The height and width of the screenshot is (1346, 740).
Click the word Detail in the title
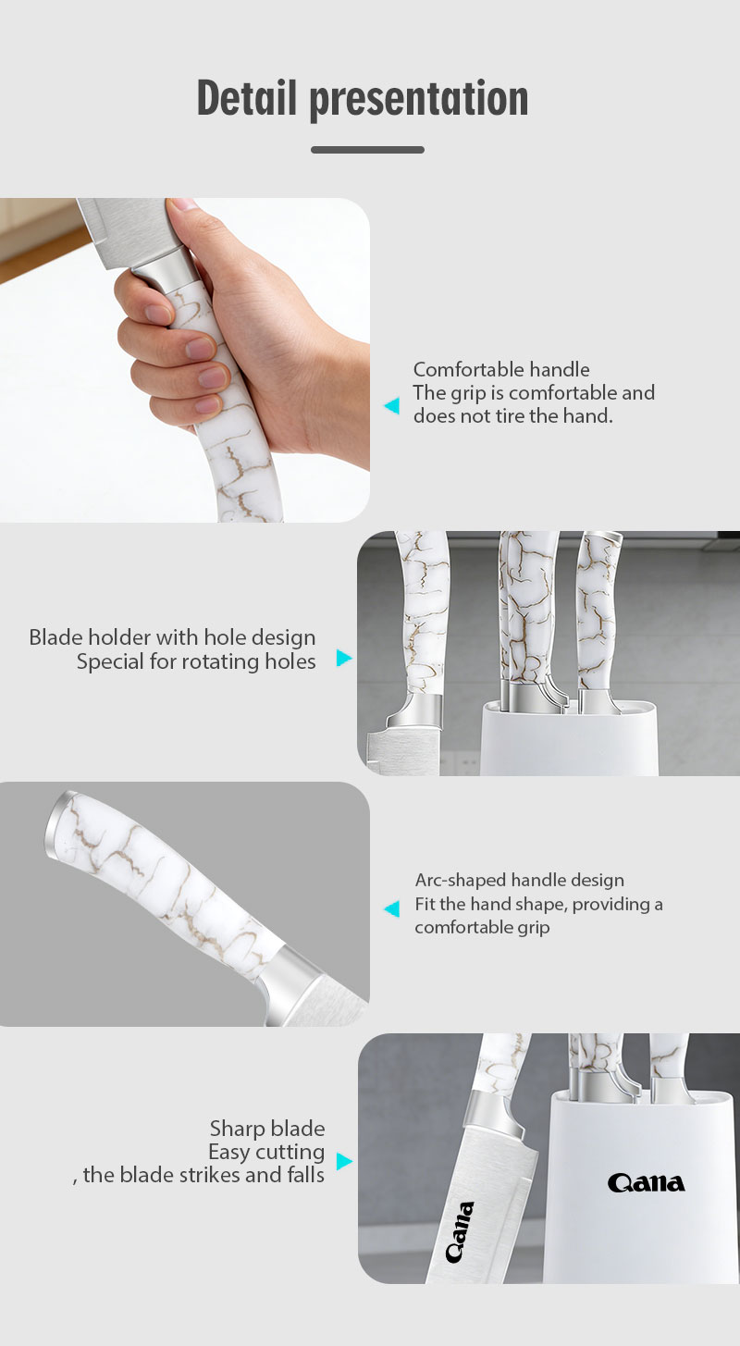point(247,98)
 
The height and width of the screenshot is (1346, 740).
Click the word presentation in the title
point(419,100)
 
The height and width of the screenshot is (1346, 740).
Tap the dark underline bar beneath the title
point(367,150)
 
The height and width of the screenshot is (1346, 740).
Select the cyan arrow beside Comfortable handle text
point(391,405)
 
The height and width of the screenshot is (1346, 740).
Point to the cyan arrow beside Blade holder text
point(344,658)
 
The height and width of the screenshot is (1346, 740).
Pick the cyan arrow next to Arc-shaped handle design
point(391,908)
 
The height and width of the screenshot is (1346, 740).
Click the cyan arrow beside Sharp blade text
point(344,1161)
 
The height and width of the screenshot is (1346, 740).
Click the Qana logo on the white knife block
point(646,1182)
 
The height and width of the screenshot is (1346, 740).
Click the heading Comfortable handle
point(501,369)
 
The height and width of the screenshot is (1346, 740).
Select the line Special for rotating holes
point(196,661)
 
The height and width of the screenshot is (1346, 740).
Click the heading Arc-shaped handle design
point(520,880)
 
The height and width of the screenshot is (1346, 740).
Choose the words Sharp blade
point(267,1128)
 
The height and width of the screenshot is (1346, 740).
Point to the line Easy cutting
point(266,1152)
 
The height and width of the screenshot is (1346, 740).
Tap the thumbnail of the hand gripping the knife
point(184,360)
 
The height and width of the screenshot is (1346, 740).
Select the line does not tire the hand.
point(513,415)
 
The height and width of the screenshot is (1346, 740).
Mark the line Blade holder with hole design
point(172,637)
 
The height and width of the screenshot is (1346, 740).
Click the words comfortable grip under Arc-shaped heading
point(482,927)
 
